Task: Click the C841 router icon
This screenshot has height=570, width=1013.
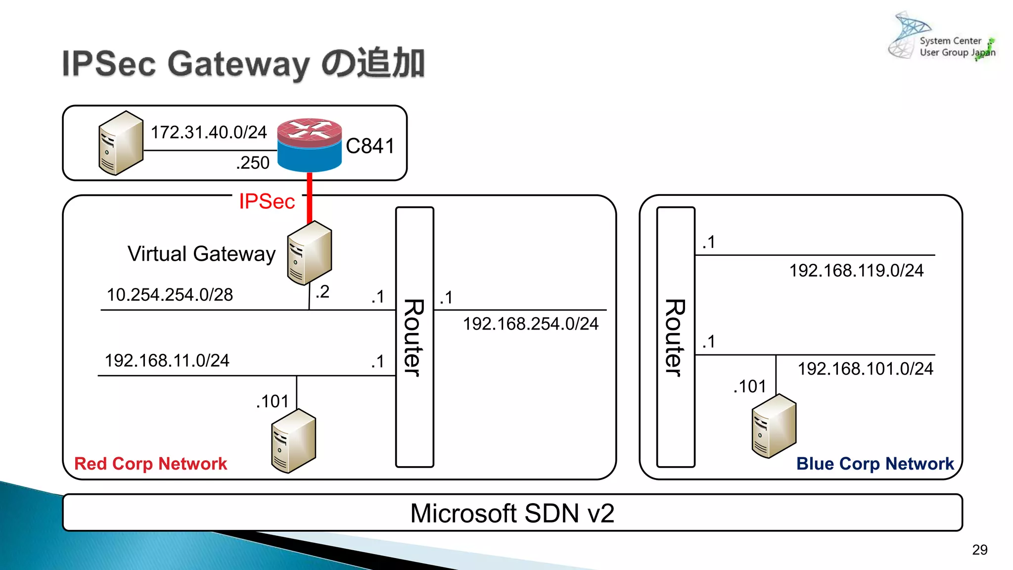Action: [x=310, y=144]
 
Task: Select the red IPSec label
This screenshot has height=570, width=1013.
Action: [x=267, y=201]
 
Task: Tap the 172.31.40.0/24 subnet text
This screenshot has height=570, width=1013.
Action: [x=208, y=132]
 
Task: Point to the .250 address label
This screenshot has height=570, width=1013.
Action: [x=252, y=163]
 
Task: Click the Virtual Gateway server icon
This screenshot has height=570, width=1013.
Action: [x=310, y=253]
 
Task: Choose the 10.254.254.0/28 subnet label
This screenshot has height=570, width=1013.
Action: [x=170, y=295]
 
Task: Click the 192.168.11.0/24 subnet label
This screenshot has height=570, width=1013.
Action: [x=167, y=360]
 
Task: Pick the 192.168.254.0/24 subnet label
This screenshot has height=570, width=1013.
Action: [x=530, y=324]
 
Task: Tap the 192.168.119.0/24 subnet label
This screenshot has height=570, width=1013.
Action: [x=856, y=271]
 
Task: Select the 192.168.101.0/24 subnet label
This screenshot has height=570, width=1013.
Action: [x=865, y=369]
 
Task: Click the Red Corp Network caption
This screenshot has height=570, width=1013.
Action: [x=150, y=464]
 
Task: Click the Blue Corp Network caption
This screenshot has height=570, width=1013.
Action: [x=875, y=464]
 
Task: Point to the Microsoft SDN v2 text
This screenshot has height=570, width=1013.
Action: [x=512, y=513]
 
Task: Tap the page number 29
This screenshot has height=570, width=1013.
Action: [x=979, y=550]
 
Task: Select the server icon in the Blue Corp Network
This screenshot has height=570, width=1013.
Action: [x=774, y=426]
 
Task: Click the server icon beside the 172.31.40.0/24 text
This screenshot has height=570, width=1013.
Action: [x=121, y=143]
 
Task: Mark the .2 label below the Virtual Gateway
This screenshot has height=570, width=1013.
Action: [x=322, y=291]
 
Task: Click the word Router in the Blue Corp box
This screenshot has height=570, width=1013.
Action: [x=676, y=337]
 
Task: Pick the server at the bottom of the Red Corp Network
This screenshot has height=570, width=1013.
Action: [x=293, y=441]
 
